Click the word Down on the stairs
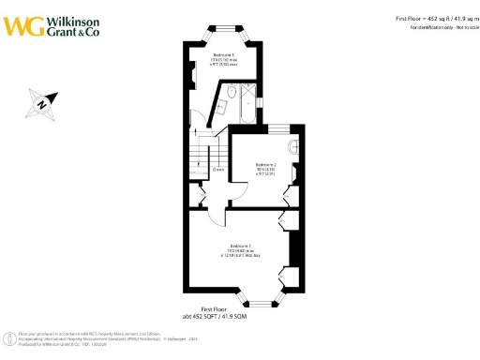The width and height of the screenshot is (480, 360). (x=217, y=169)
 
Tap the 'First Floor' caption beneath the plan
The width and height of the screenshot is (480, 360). (x=216, y=308)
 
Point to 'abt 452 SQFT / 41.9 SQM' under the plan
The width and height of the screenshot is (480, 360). (x=216, y=316)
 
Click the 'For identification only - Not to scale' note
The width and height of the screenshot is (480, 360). (x=443, y=28)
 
